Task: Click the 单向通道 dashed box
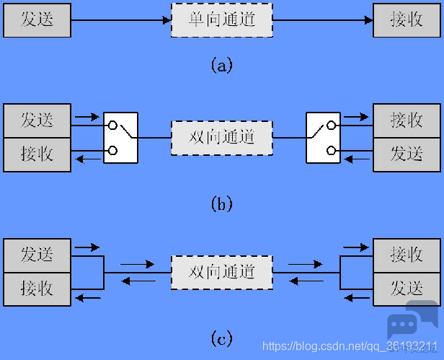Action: point(222,20)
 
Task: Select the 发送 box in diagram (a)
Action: point(37,20)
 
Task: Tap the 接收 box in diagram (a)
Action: point(407,20)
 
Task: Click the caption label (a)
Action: point(222,65)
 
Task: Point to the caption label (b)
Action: point(222,203)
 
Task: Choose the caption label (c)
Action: point(222,338)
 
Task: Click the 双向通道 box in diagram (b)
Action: point(222,138)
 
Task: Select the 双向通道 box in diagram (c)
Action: point(222,273)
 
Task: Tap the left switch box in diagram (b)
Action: point(120,138)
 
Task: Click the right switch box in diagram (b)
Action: point(323,138)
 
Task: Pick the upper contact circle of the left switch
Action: point(112,125)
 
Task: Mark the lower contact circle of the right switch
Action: point(331,150)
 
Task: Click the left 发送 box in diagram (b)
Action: point(37,120)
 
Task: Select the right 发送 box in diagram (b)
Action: point(407,155)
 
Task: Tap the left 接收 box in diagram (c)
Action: point(37,289)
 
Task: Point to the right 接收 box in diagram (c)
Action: point(407,255)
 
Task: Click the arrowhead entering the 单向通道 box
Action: point(167,20)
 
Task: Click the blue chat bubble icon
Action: point(412,320)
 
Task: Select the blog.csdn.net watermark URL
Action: point(350,346)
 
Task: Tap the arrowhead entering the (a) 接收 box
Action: point(369,20)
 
